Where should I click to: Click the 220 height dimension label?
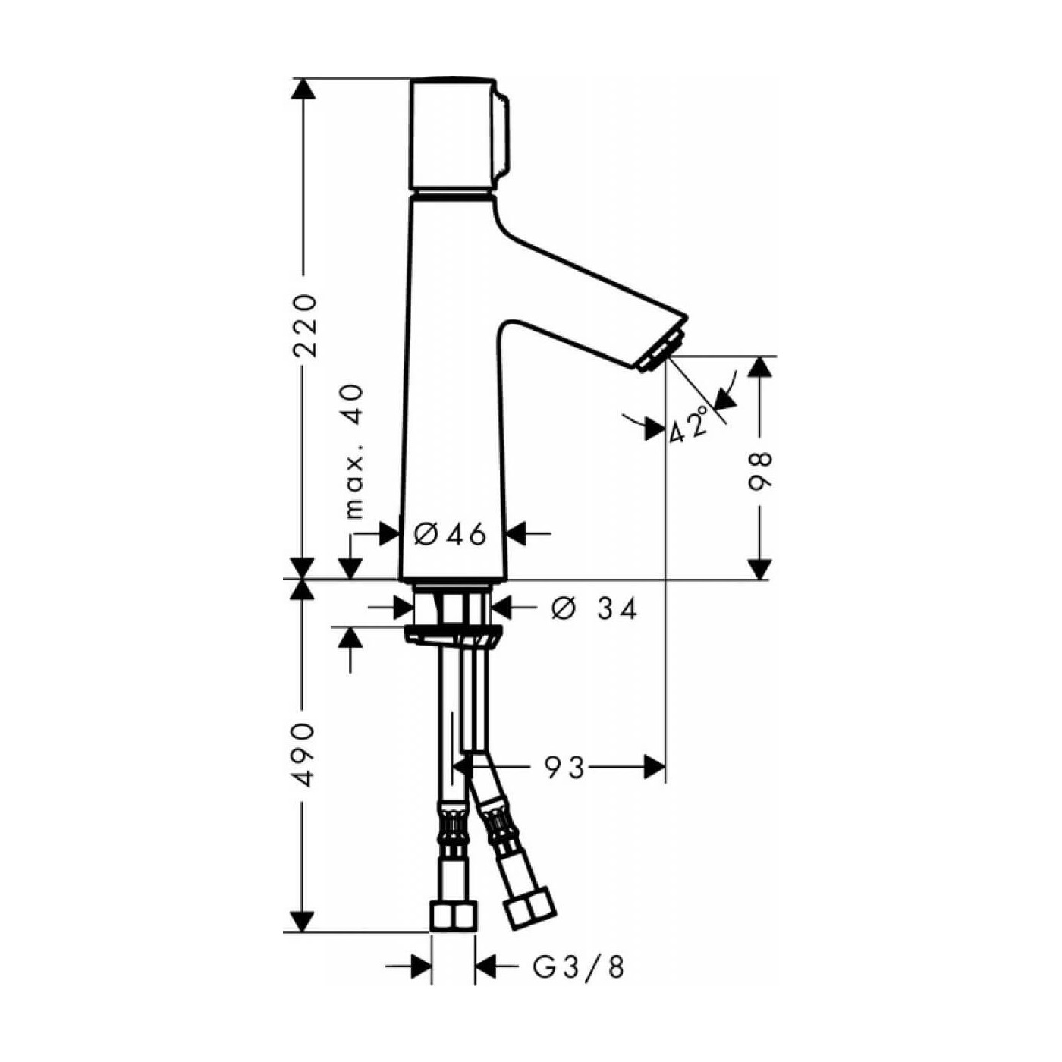(304, 325)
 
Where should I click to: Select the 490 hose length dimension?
(304, 754)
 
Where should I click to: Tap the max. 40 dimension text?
(354, 451)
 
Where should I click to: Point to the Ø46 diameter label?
(451, 535)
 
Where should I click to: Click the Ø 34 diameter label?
(595, 608)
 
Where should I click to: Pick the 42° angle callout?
(690, 425)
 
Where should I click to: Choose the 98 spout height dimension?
(760, 471)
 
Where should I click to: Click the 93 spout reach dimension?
(565, 768)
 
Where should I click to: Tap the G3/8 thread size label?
(579, 967)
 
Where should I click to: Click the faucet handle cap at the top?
(454, 135)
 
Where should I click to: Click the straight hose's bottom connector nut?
(454, 916)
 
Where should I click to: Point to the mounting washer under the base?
(453, 636)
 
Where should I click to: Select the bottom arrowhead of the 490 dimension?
(303, 921)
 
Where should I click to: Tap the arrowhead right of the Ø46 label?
(517, 534)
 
